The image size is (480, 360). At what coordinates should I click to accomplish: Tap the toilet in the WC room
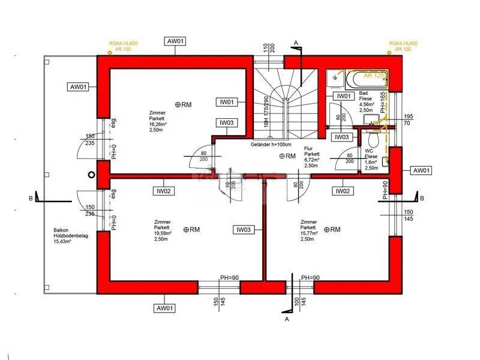(373, 139)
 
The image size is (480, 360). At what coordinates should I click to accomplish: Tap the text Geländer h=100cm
(271, 145)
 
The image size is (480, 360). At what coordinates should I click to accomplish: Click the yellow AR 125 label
(374, 76)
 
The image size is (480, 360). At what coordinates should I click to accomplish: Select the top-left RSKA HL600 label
(120, 44)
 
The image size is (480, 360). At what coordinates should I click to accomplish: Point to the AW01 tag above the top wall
(175, 41)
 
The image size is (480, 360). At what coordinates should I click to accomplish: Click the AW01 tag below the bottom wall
(165, 308)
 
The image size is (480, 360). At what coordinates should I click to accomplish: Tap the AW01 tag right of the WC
(421, 170)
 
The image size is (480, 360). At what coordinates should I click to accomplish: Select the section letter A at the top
(295, 42)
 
